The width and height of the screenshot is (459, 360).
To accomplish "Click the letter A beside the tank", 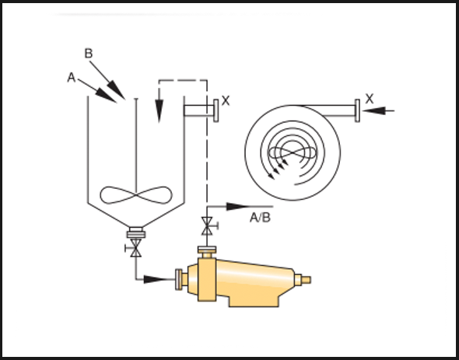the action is click(72, 78).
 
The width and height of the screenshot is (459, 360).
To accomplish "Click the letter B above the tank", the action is click(89, 54).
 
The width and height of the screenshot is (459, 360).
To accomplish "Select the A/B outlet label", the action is click(261, 218).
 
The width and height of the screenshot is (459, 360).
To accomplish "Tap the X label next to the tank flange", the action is click(226, 100).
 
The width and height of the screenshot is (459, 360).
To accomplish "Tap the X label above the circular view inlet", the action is click(370, 99).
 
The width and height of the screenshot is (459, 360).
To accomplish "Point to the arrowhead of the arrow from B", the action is click(116, 90).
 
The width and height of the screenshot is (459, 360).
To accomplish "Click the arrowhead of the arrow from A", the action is click(106, 95).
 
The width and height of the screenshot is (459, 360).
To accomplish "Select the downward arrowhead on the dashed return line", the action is click(159, 110).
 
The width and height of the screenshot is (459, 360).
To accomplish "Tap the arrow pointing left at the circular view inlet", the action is click(378, 110).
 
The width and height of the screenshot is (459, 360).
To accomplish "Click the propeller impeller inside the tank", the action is click(136, 194).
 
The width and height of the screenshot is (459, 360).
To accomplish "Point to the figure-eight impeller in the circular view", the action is click(293, 152).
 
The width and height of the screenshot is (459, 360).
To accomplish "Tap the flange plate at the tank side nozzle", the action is click(216, 110).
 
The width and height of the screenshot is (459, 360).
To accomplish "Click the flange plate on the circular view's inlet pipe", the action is click(357, 110).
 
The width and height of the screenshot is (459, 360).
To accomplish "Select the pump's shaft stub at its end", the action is click(306, 280).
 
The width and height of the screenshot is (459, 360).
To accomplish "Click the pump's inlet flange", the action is click(178, 279).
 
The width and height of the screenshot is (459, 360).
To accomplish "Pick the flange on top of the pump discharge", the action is click(207, 250).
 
